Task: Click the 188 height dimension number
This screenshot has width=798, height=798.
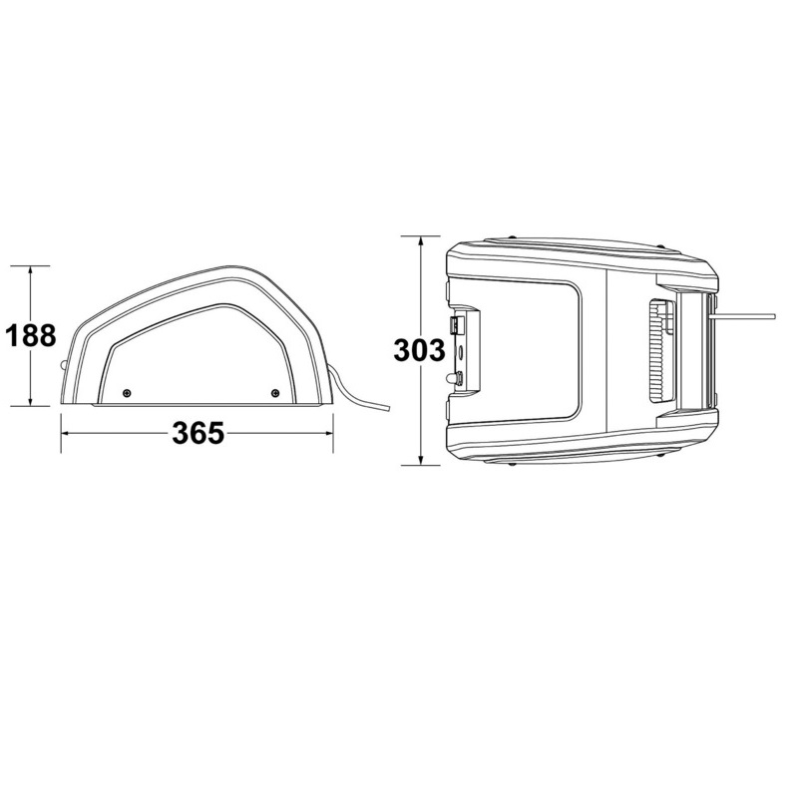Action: (30, 335)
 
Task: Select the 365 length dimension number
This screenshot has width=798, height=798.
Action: (198, 433)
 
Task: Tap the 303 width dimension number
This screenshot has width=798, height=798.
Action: (419, 351)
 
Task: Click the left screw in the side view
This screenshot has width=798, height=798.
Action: (127, 392)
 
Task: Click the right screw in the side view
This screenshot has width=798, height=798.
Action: (275, 392)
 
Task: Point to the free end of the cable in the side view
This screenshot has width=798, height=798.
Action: (388, 408)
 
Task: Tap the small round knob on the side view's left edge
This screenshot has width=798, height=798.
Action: (63, 365)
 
